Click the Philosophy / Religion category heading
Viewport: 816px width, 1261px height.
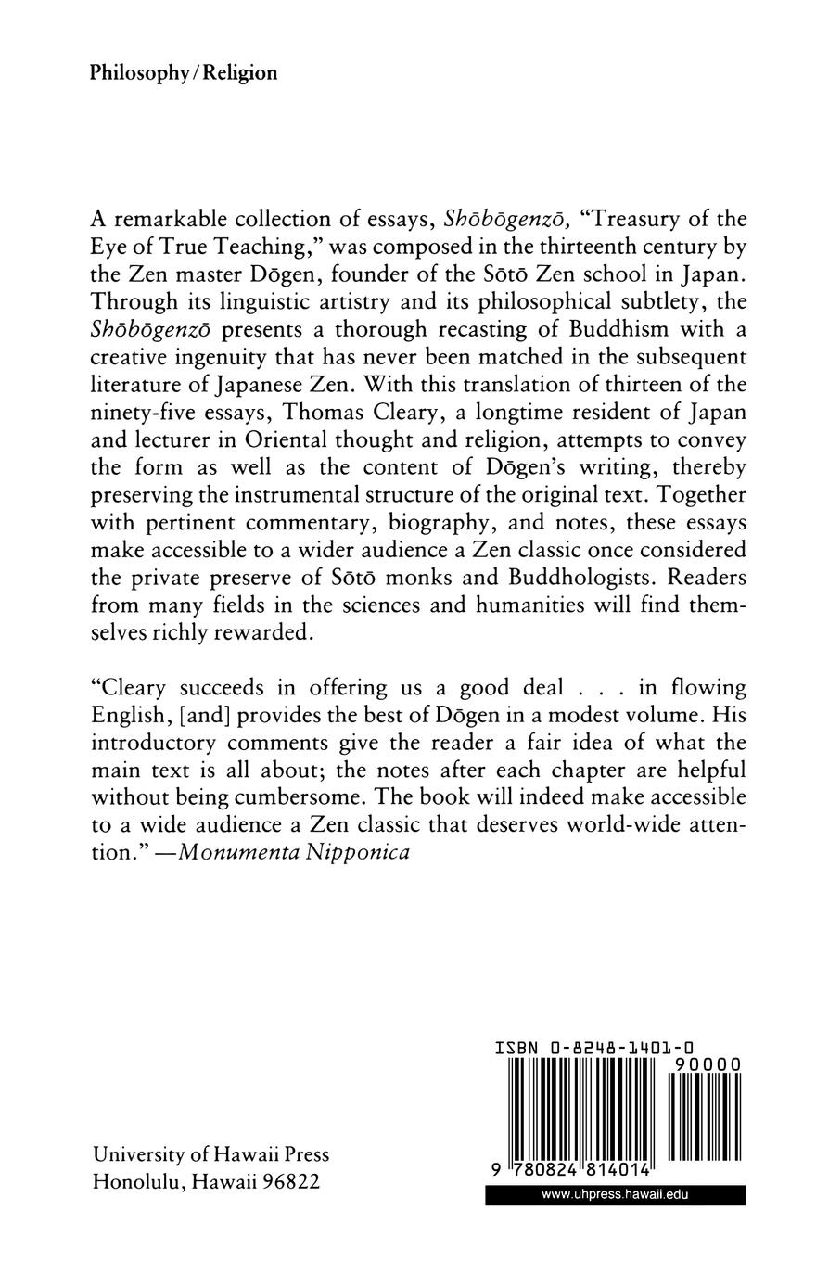[x=184, y=73]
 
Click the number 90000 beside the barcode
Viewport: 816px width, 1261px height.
[x=708, y=1065]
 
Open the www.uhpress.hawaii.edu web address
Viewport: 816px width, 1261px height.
[x=615, y=1196]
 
